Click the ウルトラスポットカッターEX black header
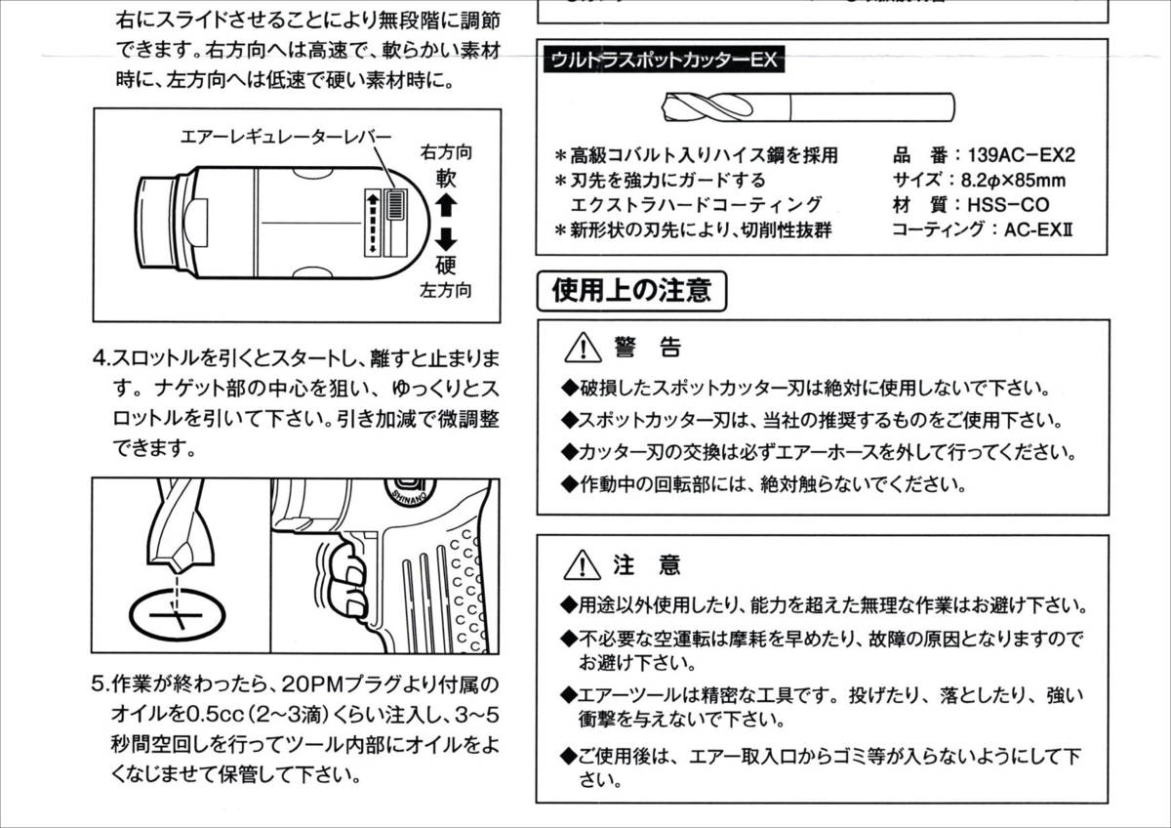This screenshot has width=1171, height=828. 664,60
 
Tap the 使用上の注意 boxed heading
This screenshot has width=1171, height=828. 632,291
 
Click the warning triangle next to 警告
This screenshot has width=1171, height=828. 583,348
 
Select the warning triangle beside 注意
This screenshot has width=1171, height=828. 583,565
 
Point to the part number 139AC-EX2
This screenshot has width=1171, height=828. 1022,155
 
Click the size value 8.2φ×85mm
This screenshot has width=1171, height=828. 1013,181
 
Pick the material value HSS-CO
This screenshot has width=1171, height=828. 1008,205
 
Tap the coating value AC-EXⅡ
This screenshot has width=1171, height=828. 1038,230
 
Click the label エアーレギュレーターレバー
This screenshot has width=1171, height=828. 286,137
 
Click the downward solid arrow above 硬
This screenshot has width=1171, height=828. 446,239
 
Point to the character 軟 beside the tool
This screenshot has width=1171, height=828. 446,179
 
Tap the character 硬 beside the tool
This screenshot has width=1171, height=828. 446,266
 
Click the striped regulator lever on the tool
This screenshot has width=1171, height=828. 396,206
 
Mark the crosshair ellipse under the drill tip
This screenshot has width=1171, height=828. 178,615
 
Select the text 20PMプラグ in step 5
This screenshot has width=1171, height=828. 342,683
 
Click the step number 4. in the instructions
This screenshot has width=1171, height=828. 101,358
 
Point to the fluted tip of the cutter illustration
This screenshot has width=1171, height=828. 708,107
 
